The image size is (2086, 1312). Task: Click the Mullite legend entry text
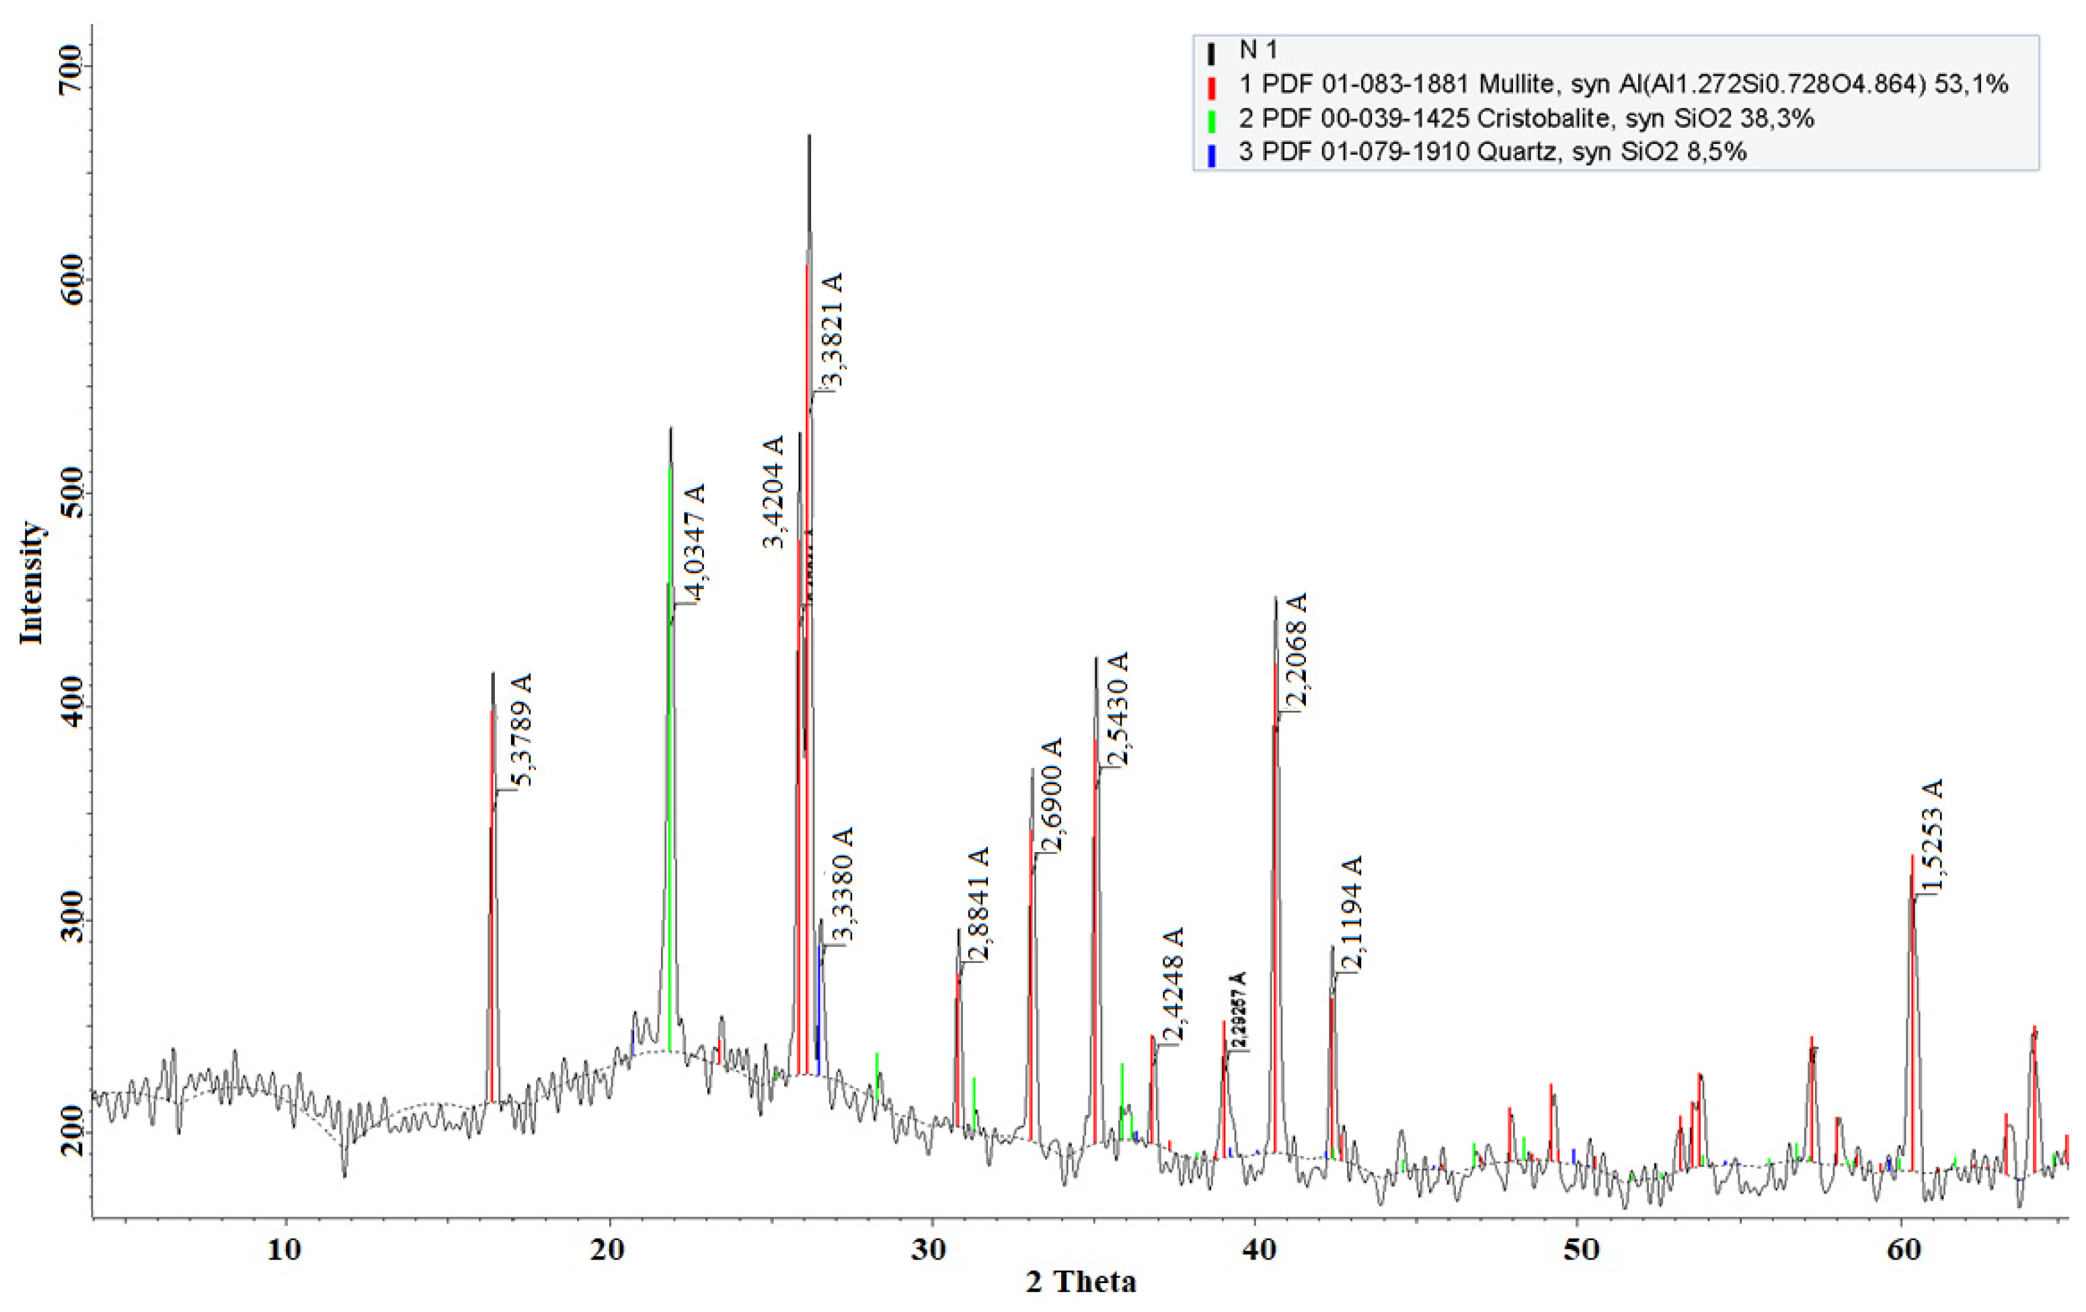[x=1623, y=84]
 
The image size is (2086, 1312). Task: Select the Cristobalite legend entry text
[x=1527, y=118]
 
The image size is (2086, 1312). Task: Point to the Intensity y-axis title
[x=31, y=582]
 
